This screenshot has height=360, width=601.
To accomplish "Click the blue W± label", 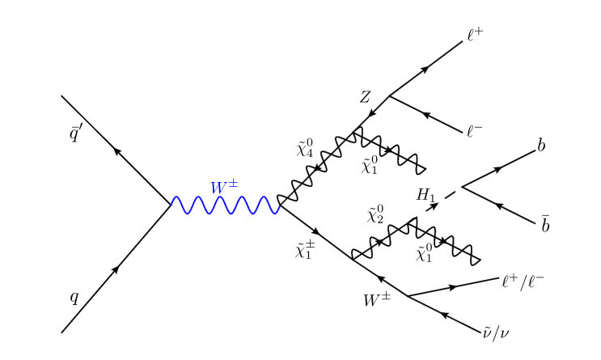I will point(224,187).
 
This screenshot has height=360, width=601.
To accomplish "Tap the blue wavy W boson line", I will point(225,205).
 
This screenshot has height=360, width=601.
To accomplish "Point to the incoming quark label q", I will point(74,297).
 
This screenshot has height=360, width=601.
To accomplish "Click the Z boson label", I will point(366,97).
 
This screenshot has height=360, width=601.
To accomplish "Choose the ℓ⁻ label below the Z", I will point(475,130).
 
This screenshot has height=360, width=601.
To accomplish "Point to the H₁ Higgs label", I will point(425,194).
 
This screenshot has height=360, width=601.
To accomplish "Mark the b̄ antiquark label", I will point(545,222).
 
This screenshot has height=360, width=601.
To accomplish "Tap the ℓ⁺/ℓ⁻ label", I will point(523,280).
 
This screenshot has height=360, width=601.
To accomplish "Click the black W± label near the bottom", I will point(377,300).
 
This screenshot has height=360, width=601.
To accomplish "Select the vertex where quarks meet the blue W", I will point(171,205).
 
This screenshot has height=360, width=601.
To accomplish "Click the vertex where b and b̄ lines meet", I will point(462,188).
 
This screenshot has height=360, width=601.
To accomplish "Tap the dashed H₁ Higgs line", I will point(437,204).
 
